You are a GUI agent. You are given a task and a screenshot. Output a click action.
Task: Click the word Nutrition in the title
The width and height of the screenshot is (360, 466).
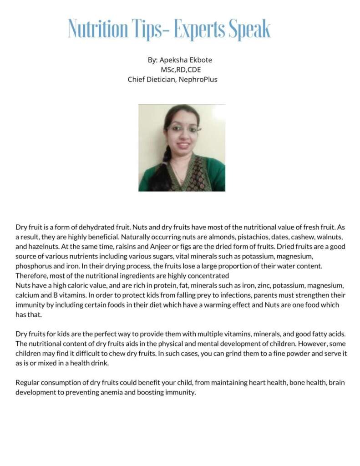tap(98, 29)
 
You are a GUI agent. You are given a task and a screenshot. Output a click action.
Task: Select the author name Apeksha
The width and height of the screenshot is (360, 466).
tap(172, 60)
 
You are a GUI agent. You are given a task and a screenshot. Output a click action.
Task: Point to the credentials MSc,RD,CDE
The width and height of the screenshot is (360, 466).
tap(181, 70)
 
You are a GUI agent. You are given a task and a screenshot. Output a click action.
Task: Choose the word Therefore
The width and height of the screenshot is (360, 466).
tap(30, 276)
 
